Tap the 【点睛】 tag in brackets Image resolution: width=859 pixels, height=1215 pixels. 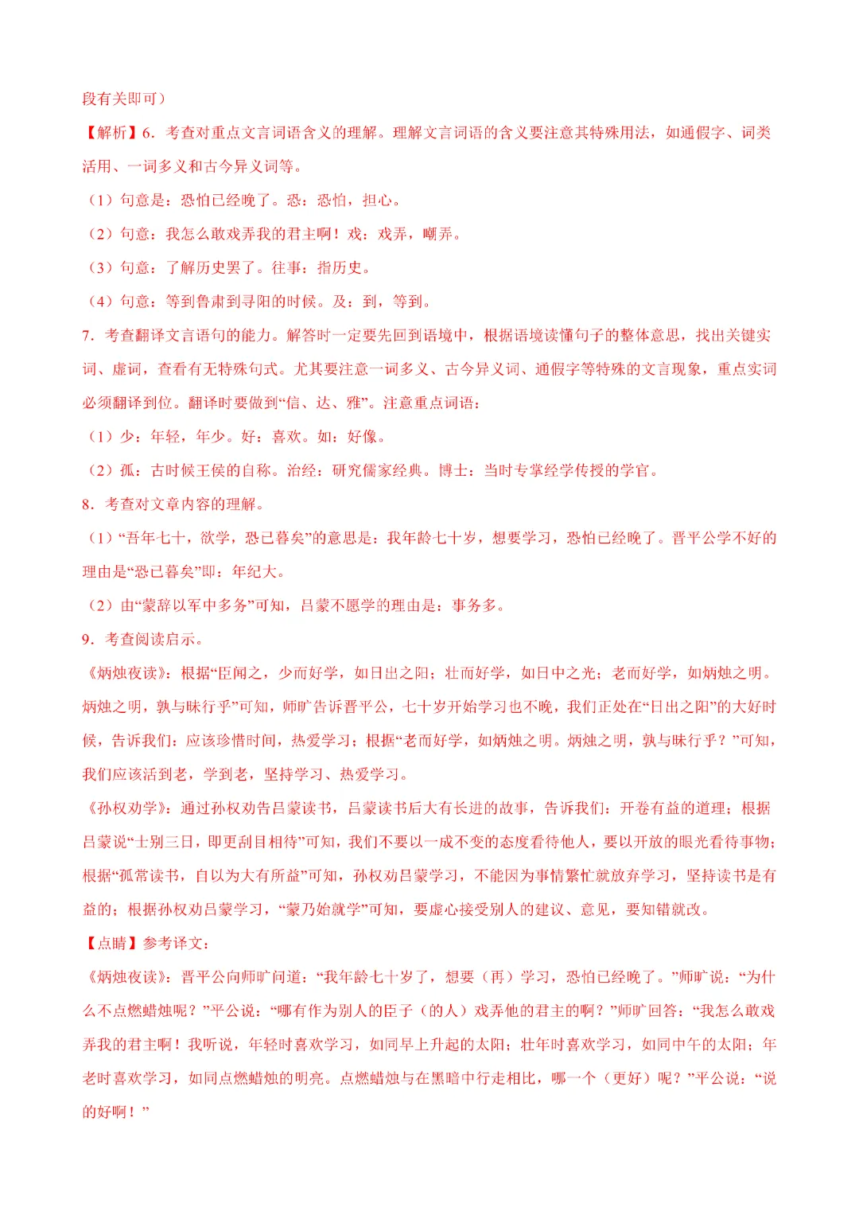111,944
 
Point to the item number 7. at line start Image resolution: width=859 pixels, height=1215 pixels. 89,336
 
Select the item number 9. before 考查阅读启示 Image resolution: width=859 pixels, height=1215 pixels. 89,640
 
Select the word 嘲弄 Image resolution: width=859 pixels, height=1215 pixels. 437,234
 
